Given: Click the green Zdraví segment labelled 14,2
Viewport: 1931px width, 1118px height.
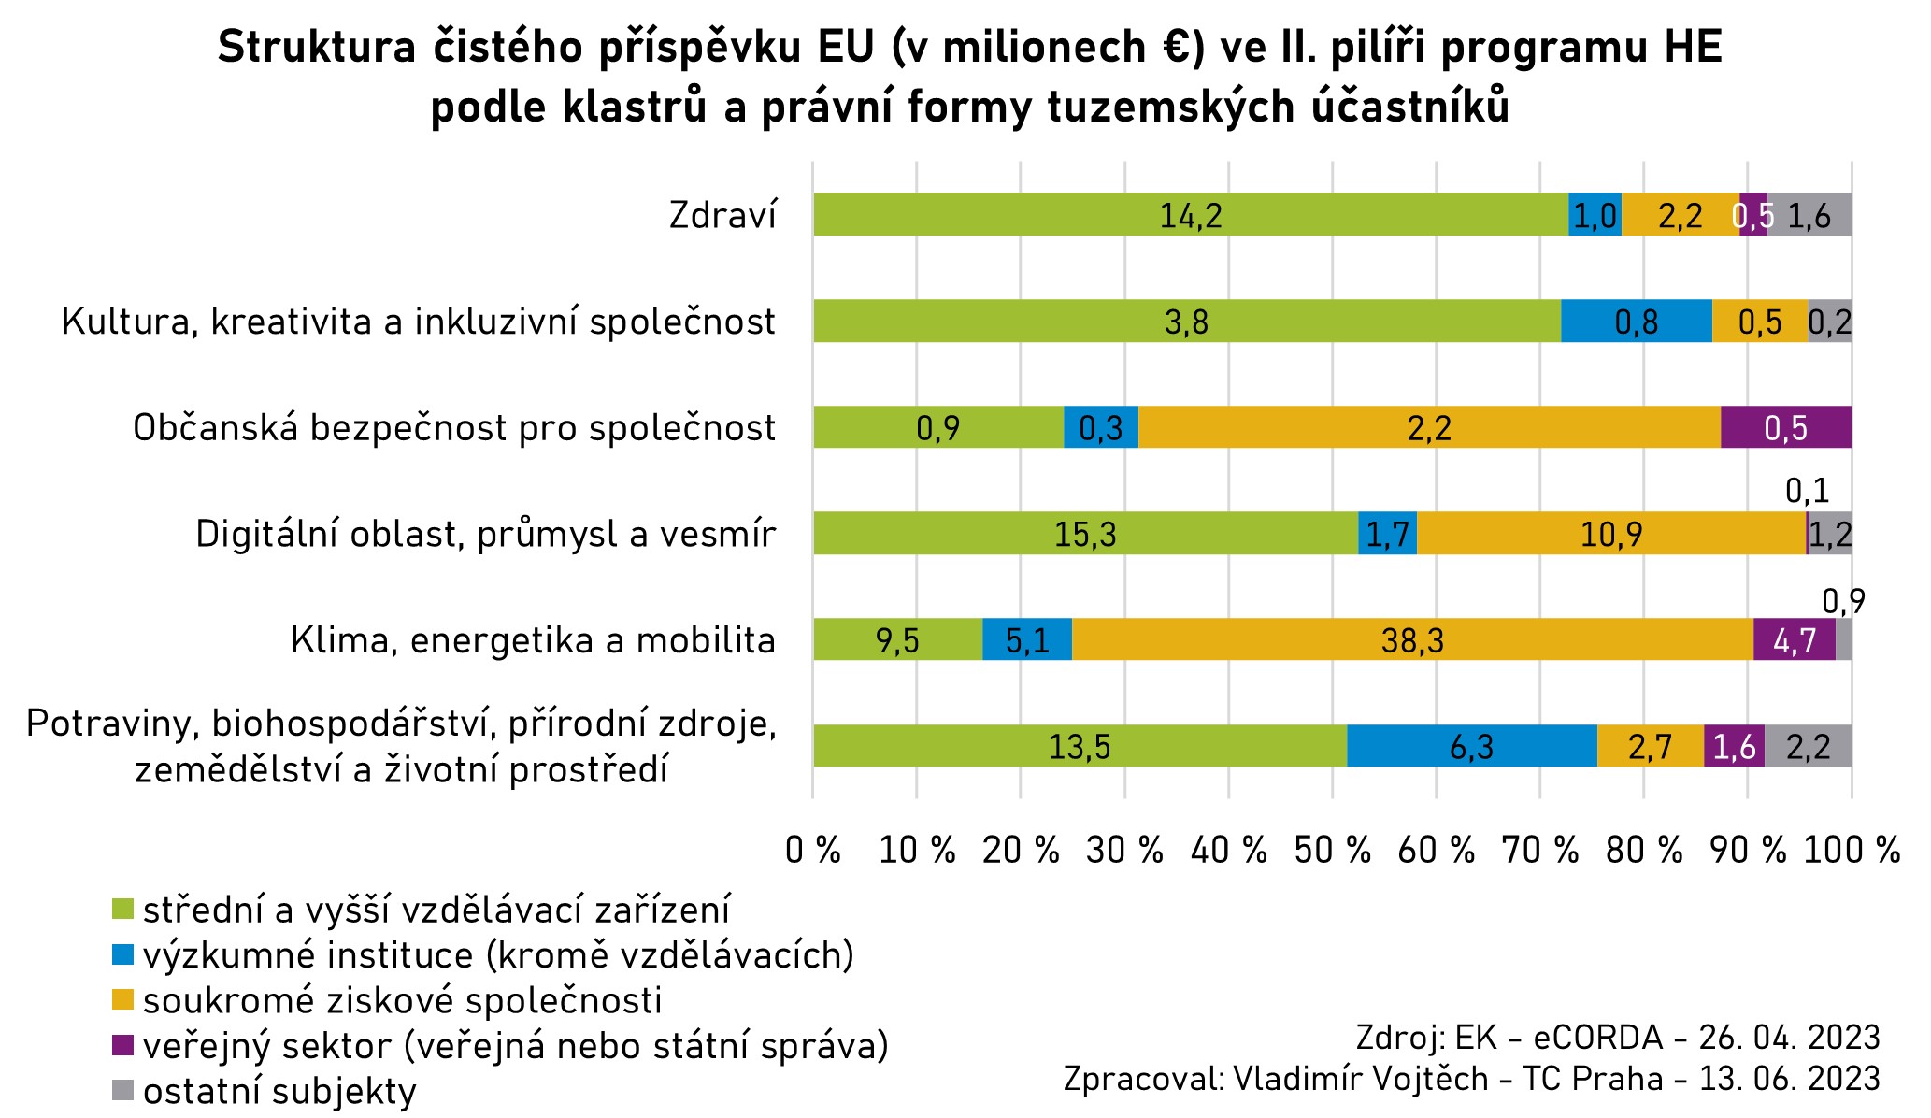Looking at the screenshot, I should pos(1190,215).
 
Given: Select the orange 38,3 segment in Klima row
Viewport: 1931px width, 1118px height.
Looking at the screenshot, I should pos(1411,640).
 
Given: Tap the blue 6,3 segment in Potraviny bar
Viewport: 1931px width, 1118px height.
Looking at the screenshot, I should pos(1471,747).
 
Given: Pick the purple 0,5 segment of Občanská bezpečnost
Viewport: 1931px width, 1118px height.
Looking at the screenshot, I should pos(1785,428).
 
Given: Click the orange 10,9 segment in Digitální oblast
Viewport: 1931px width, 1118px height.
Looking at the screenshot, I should pos(1610,535).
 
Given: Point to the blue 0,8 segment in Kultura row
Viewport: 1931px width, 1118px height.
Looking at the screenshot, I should pos(1636,322).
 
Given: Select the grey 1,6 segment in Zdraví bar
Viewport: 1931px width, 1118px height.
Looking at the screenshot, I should pos(1809,215).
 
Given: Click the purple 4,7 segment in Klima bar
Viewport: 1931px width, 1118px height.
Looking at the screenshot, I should pos(1794,640).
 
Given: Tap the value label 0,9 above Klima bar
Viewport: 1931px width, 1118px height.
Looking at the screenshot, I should pos(1843,602).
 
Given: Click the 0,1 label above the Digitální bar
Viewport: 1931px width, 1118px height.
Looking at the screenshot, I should pos(1807,491).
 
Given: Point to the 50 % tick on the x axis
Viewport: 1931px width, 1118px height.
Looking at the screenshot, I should pos(1332,851).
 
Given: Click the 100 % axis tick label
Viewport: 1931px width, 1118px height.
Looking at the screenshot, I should pos(1851,851).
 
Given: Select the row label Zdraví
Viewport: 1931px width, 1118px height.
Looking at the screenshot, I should pos(723,216).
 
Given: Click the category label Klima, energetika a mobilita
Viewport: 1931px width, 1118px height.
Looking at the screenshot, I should pos(533,641).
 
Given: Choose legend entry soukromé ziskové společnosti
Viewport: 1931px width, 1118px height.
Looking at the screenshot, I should pos(402,1000).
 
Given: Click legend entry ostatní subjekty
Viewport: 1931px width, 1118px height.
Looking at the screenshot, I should pos(279,1091).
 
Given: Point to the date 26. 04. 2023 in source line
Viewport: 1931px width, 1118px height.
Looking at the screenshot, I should pos(1789,1038).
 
